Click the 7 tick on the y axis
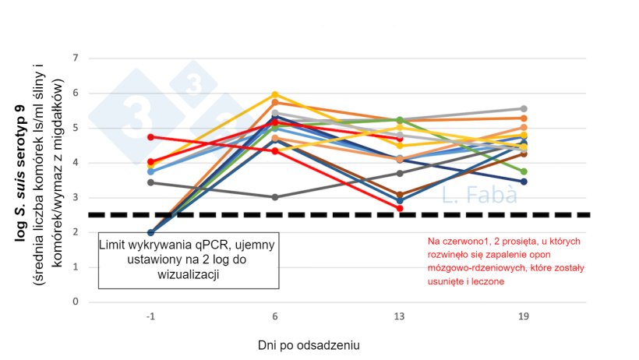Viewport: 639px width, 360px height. coord(76,58)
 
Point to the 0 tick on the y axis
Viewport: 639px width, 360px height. coord(76,302)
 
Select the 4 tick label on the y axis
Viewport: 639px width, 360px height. coord(76,163)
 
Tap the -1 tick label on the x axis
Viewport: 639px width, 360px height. coord(150,317)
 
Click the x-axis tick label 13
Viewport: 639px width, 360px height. coord(399,317)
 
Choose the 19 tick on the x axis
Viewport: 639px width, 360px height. coord(524,317)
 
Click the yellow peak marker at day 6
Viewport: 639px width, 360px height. coord(274,95)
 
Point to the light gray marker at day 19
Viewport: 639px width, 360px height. coord(524,109)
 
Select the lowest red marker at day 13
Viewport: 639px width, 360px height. coord(399,208)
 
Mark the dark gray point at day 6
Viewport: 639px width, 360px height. coord(274,197)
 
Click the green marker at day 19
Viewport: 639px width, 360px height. coord(524,171)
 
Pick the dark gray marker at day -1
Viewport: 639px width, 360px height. coord(150,182)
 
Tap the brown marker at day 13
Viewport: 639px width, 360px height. coord(399,195)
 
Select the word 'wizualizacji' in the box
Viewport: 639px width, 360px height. coord(187,274)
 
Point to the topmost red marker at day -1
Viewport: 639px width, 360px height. coord(150,137)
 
